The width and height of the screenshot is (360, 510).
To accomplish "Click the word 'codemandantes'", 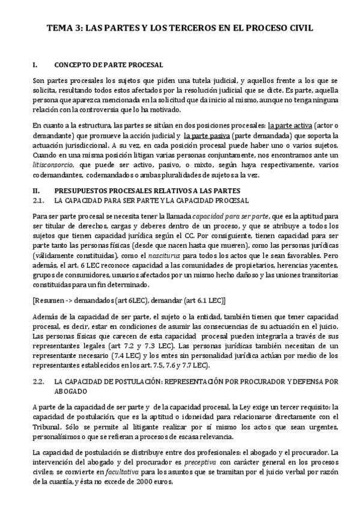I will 56,174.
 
